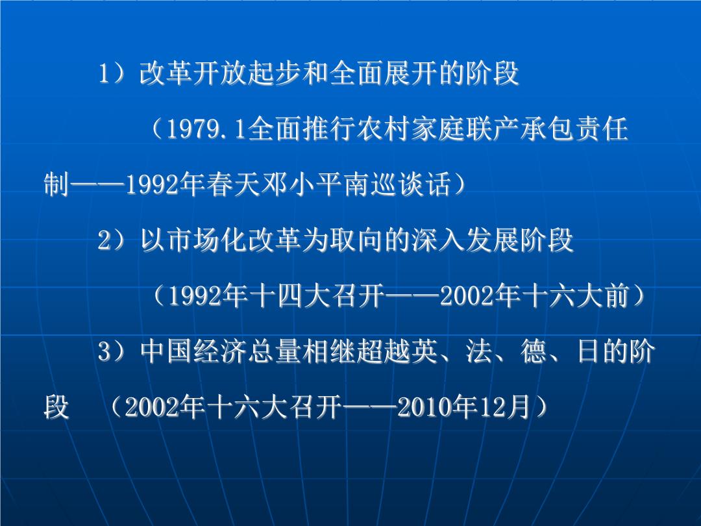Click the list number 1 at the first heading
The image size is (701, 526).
pos(104,73)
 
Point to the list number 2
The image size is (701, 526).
pos(104,240)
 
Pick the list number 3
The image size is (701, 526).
pos(104,351)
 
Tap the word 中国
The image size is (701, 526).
pos(167,351)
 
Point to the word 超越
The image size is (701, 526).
pos(384,351)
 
